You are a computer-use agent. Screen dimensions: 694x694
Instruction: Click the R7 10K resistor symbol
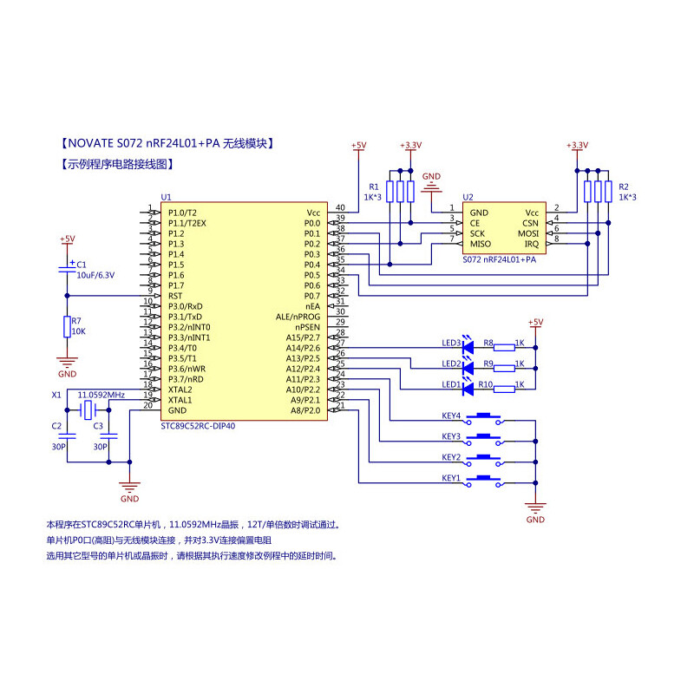(x=67, y=326)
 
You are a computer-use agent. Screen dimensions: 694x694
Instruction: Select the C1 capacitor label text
(x=82, y=264)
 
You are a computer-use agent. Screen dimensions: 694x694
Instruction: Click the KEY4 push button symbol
(x=486, y=416)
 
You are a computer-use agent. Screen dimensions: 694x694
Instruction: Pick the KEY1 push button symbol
(x=486, y=479)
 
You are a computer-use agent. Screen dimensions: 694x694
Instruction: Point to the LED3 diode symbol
(x=469, y=345)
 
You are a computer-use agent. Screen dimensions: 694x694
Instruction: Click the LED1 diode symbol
(x=469, y=387)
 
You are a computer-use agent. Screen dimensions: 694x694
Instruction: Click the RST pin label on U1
(x=176, y=295)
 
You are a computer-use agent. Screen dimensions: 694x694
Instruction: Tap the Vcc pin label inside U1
(x=313, y=213)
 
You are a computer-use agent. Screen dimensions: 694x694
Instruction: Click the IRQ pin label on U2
(x=531, y=244)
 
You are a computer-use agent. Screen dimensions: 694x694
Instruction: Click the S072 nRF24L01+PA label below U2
(x=499, y=259)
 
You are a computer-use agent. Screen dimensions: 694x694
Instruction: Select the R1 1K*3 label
(x=373, y=192)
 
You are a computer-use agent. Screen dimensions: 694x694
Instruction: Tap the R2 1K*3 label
(x=627, y=192)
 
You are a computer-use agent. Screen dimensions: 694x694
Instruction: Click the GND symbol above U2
(x=431, y=184)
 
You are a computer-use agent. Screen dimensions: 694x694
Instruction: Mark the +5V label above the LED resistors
(x=535, y=322)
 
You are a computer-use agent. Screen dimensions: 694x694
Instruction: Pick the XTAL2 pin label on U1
(x=180, y=390)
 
